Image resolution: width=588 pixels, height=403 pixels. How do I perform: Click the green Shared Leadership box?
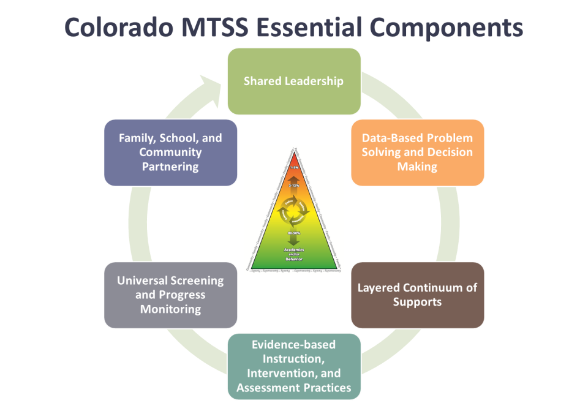tap(293, 81)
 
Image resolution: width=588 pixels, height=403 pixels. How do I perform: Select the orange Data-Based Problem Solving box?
tap(417, 153)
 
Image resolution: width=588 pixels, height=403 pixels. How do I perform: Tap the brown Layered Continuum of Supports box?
tap(417, 295)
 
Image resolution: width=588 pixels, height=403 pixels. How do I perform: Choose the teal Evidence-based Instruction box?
tap(293, 366)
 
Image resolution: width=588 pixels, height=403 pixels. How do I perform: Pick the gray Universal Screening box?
tap(170, 295)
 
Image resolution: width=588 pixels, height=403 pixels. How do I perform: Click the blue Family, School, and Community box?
tap(170, 153)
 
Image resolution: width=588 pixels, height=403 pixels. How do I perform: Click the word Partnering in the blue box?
tap(170, 166)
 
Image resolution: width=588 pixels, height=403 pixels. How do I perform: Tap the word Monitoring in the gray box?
tap(170, 309)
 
